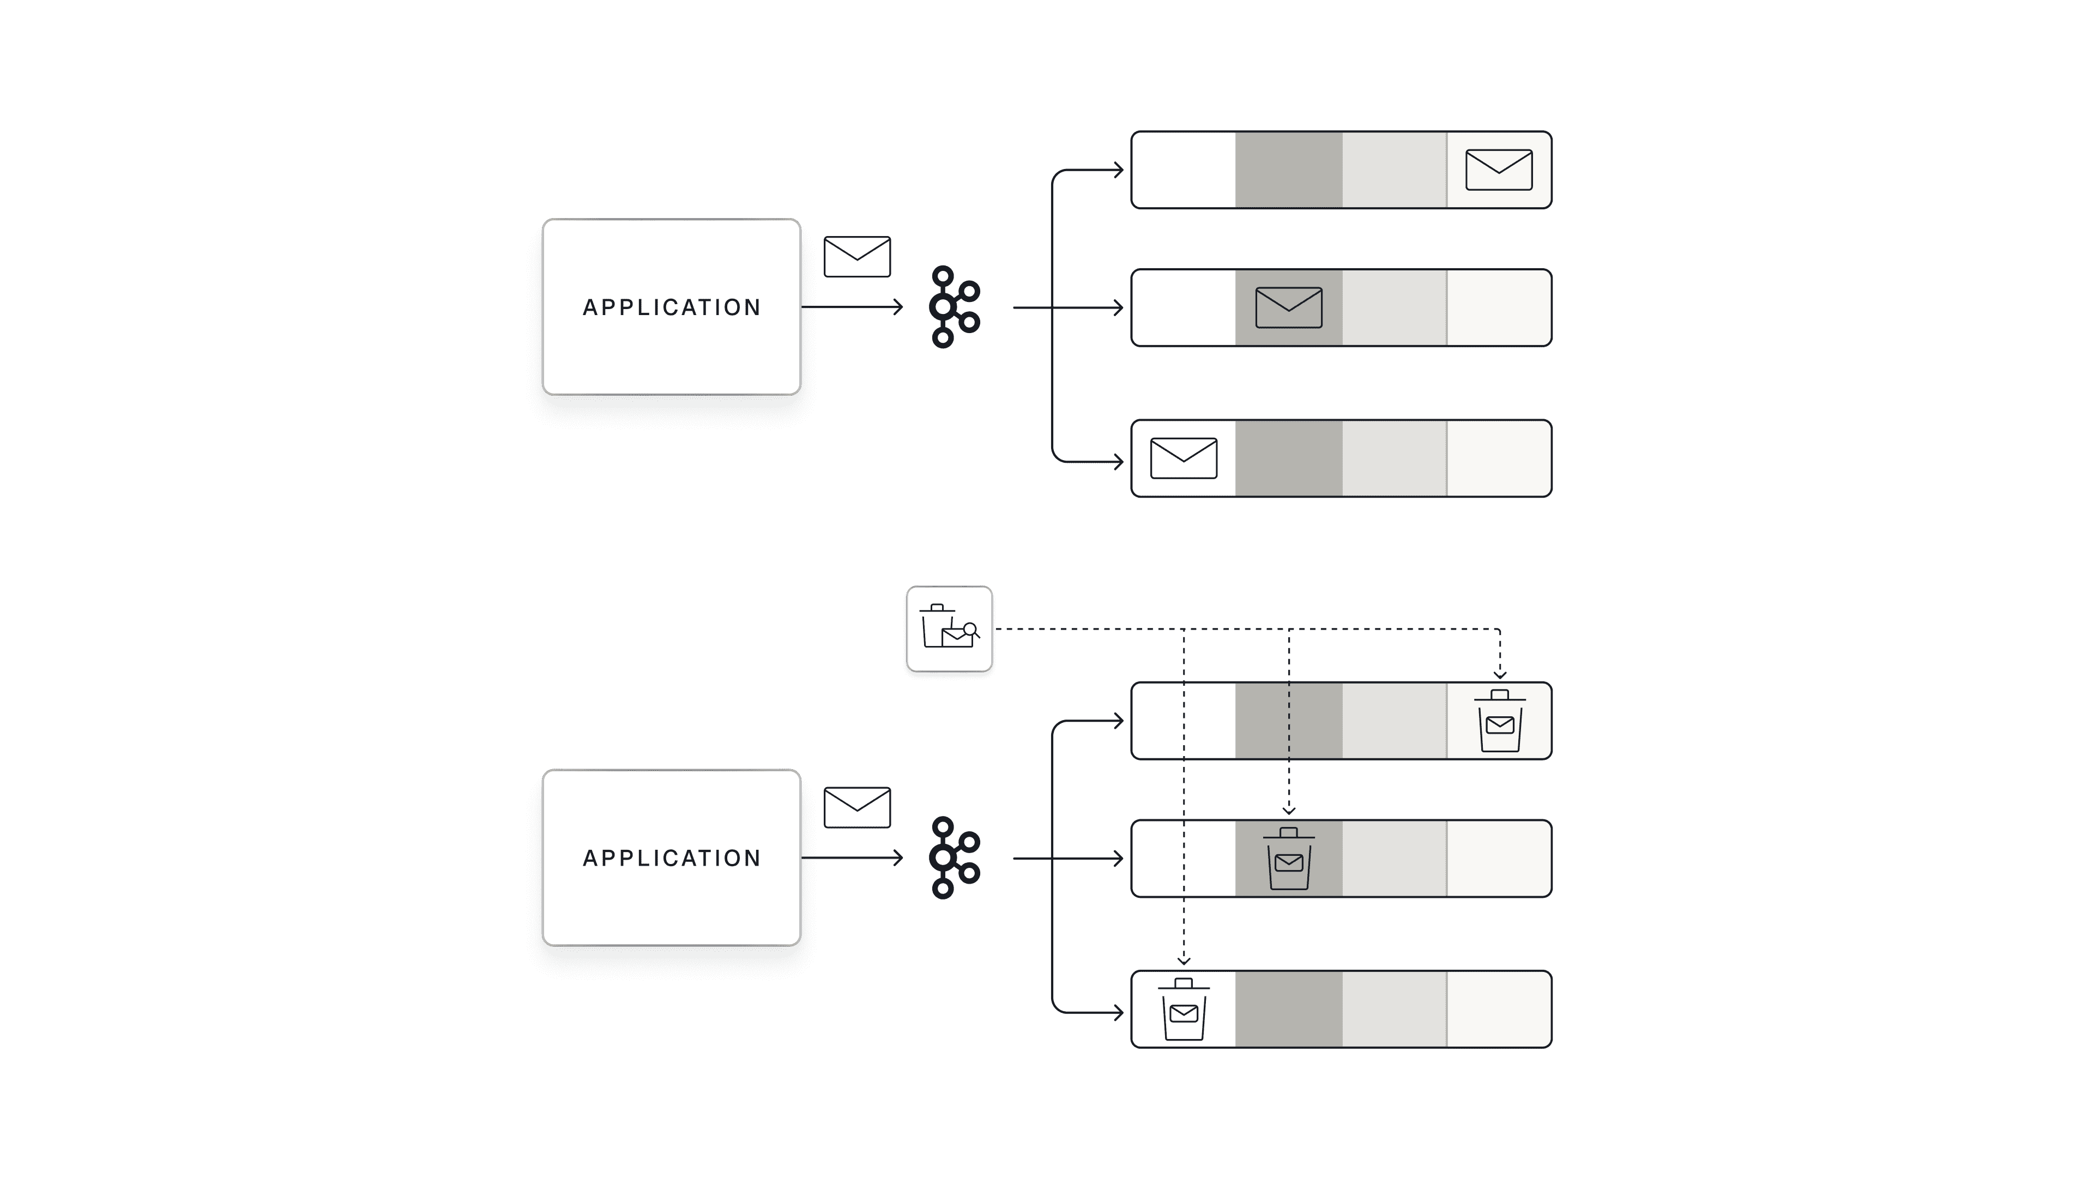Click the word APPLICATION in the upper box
672,307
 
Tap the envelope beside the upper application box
857,257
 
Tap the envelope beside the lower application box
857,807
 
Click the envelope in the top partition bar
1498,170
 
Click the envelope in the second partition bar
1288,307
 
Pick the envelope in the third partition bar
1184,458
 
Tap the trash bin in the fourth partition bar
1499,721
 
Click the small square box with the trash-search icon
949,629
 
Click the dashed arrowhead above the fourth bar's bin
1500,674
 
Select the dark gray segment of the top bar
1288,170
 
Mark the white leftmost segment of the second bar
1184,307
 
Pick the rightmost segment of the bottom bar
1498,1009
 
